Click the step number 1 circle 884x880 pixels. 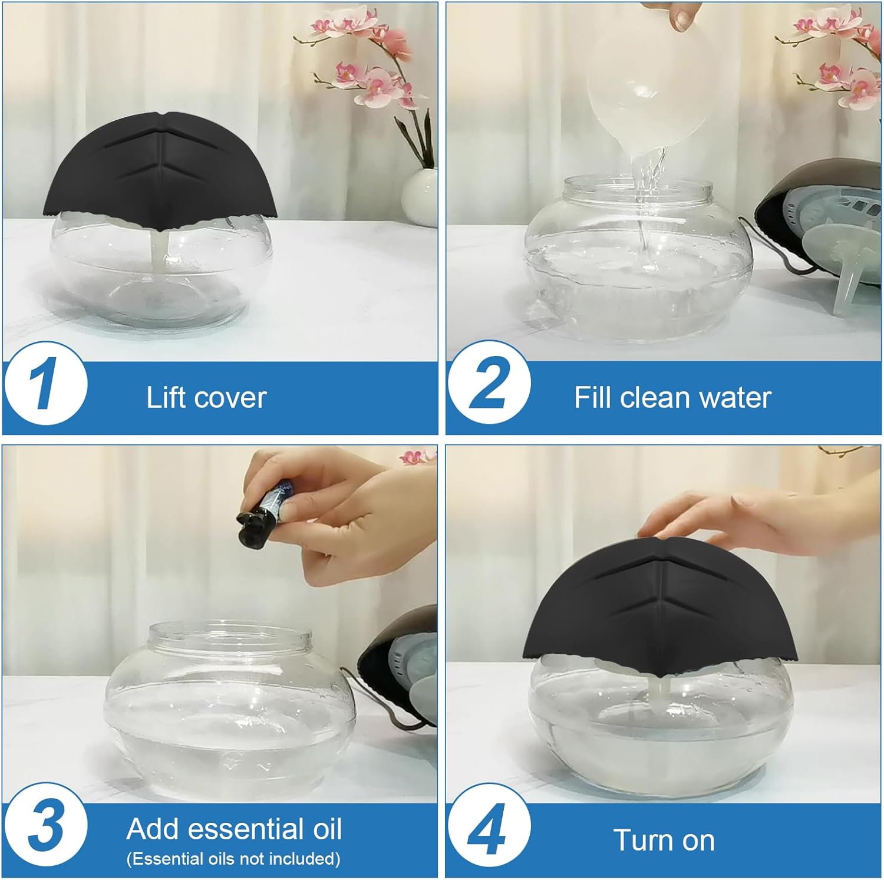[x=46, y=384]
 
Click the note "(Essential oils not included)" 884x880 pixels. [x=233, y=859]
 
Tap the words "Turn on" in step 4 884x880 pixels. [x=664, y=840]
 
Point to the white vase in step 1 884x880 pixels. [x=419, y=196]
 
